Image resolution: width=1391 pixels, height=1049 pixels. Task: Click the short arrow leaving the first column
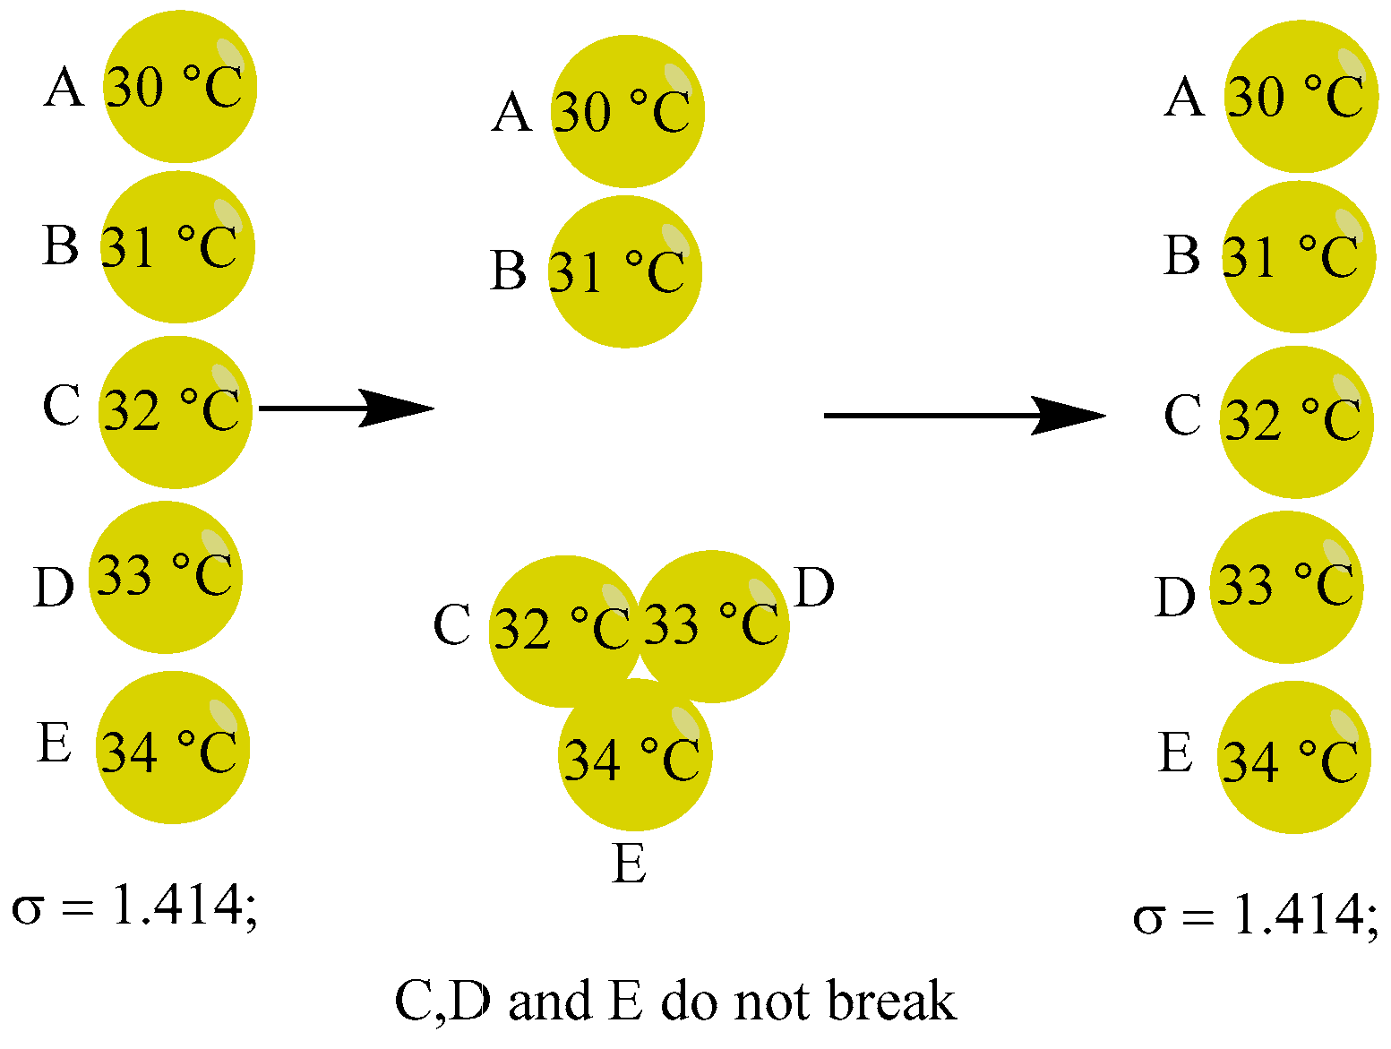click(345, 408)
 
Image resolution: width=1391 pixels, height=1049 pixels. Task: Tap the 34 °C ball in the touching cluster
click(635, 757)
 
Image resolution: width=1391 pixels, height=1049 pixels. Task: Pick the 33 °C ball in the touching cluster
click(715, 624)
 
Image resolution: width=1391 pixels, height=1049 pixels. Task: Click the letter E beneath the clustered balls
click(630, 864)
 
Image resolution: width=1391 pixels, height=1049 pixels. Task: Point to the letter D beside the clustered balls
click(813, 588)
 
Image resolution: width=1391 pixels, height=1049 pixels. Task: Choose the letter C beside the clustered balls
click(451, 624)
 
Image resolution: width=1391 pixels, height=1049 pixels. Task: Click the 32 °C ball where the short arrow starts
click(175, 412)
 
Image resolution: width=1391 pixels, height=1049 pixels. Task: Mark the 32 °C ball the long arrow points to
click(1295, 421)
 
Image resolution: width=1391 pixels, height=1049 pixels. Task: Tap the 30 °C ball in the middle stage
click(627, 111)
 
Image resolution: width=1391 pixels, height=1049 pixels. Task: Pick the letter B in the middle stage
click(508, 271)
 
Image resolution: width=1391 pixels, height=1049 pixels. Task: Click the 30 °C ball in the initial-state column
click(180, 87)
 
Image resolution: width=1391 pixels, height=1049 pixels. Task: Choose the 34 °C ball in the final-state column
click(1293, 758)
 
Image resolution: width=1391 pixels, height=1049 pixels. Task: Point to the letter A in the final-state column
click(1184, 97)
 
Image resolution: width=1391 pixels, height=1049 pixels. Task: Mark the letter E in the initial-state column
click(54, 743)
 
